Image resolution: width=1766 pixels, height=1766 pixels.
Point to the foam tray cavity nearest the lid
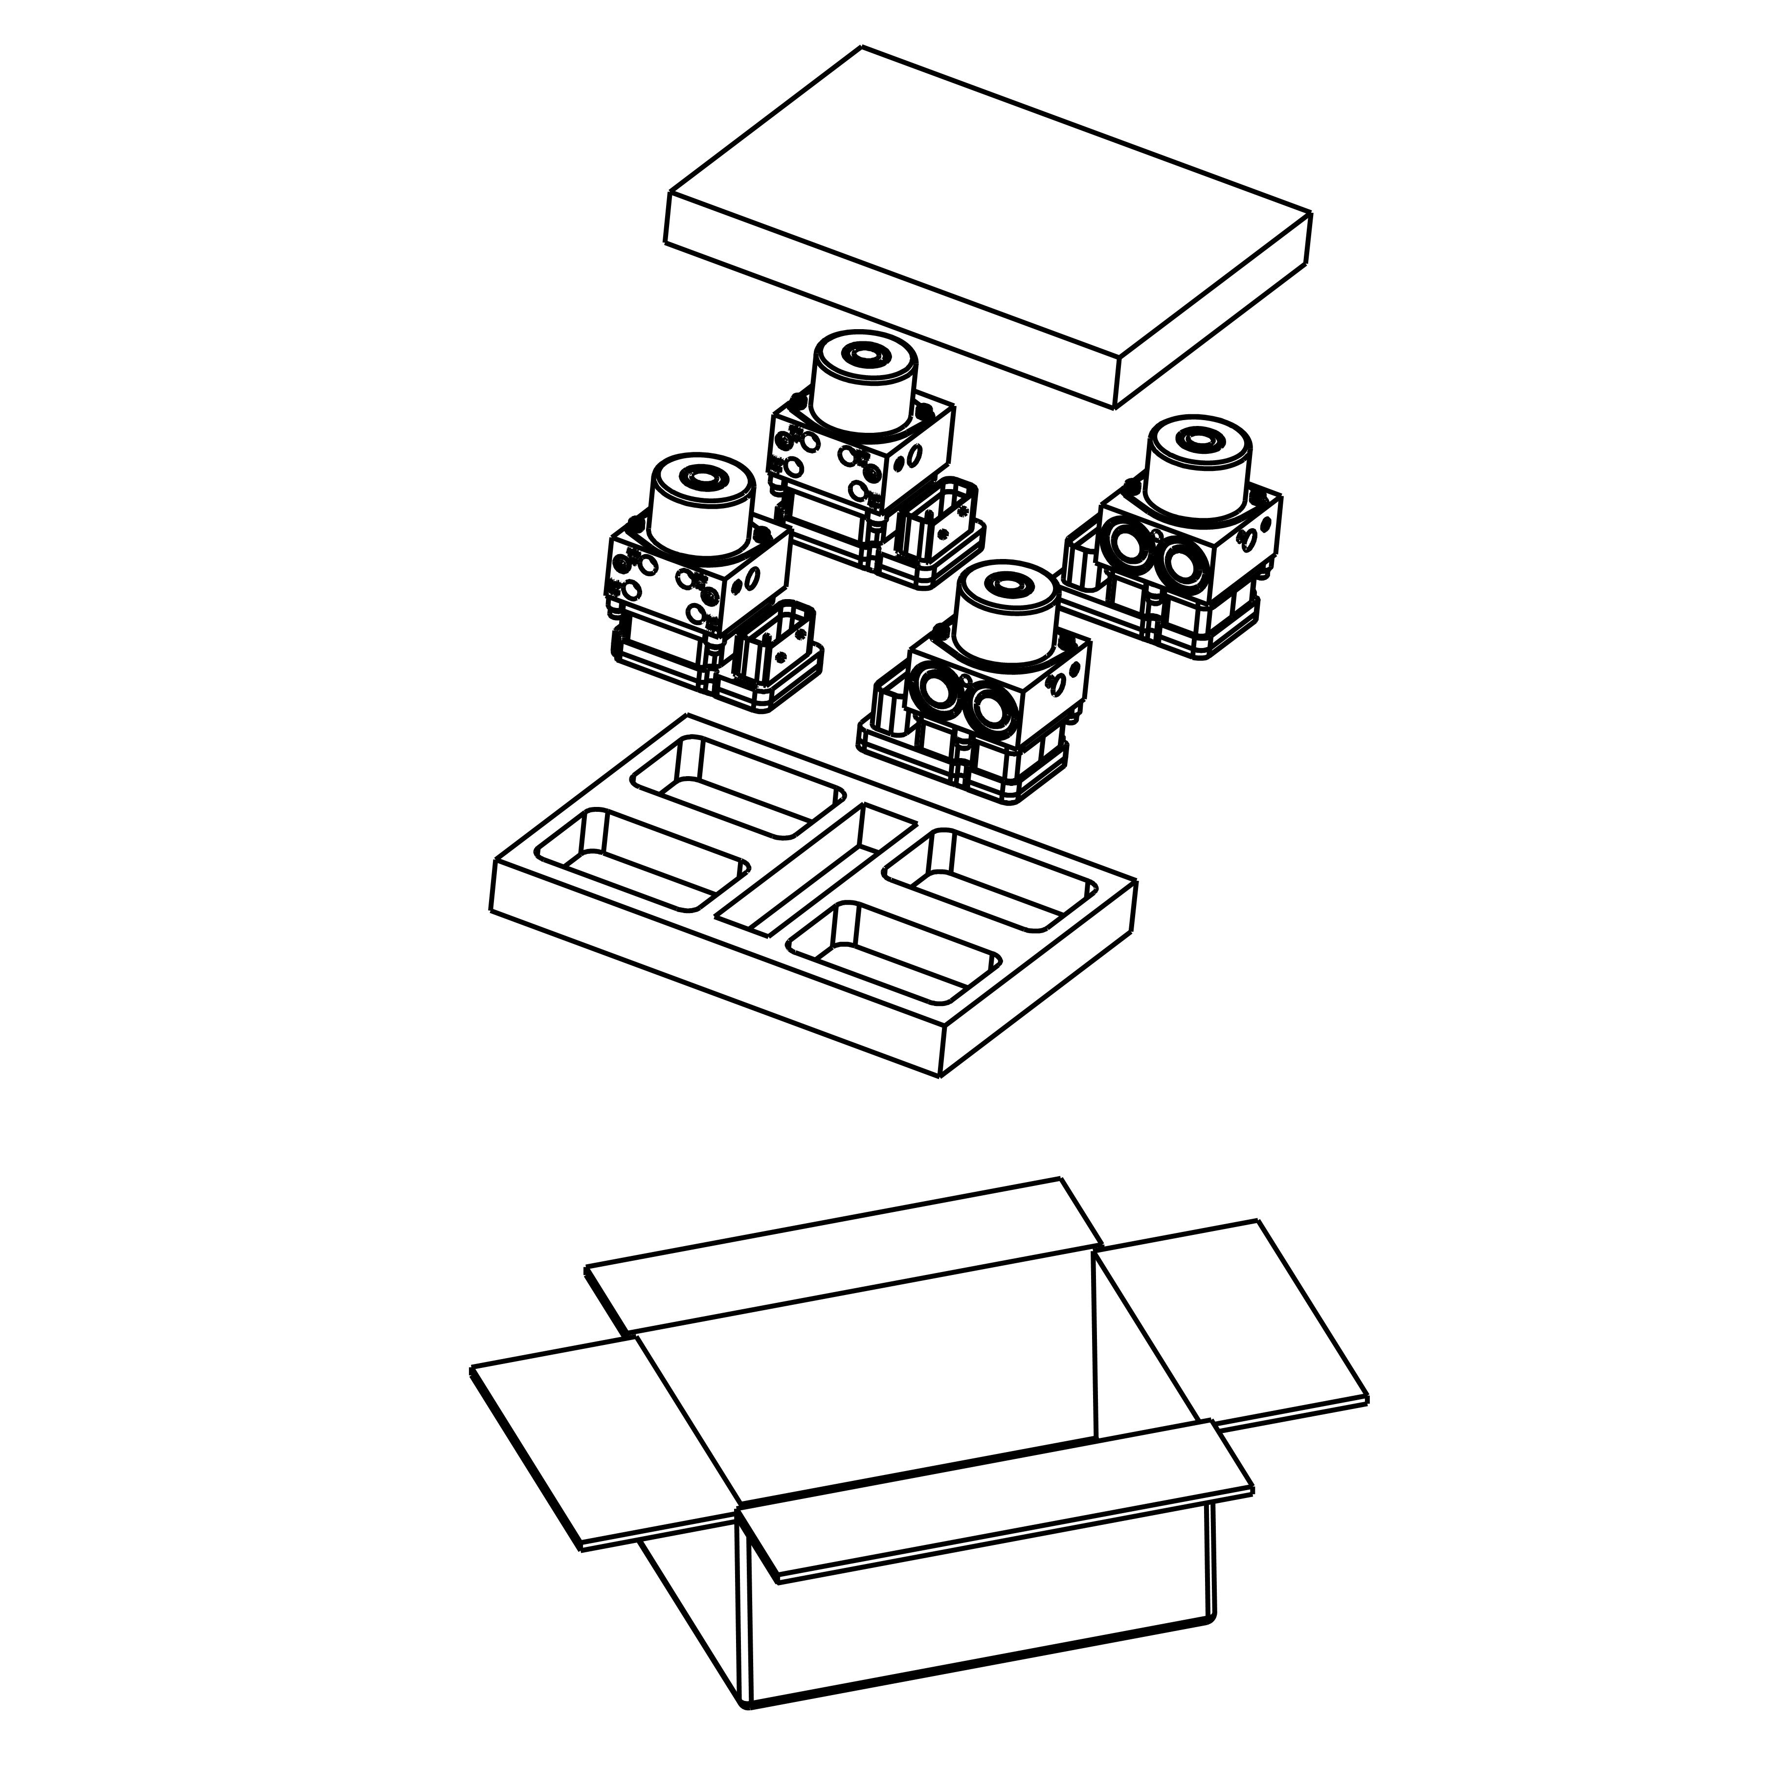coord(740,786)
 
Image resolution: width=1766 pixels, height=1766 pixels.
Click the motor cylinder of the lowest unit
coord(1006,617)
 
